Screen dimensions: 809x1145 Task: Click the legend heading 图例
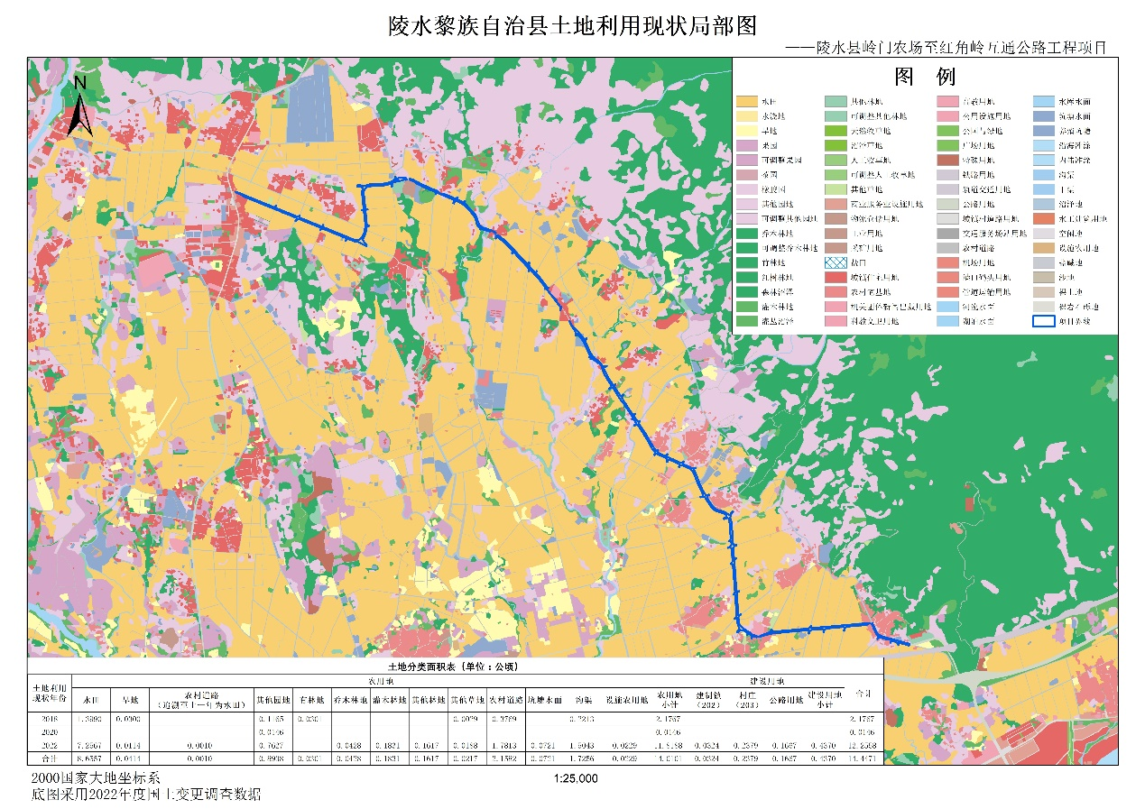pos(924,74)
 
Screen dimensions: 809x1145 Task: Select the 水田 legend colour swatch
pos(747,102)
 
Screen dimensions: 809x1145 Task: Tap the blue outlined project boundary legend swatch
pos(1046,321)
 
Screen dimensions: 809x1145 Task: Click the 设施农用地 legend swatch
pos(1046,248)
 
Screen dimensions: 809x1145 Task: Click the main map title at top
pos(572,25)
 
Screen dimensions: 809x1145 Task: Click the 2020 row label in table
pos(49,732)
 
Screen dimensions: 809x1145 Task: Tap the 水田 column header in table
pos(91,698)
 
